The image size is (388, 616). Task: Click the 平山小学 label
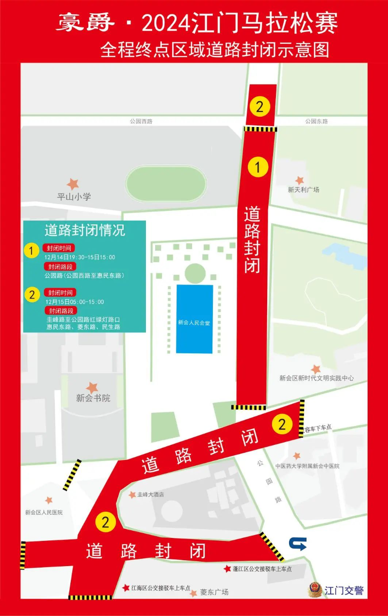tap(74, 197)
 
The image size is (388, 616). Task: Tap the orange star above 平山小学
tap(73, 184)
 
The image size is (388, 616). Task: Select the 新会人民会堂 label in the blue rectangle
tap(194, 322)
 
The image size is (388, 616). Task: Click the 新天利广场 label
tap(304, 190)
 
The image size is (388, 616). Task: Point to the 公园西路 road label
tap(141, 121)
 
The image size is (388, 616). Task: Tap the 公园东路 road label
tap(317, 121)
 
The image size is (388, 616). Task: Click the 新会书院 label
tap(93, 398)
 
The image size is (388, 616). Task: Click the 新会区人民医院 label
tap(44, 512)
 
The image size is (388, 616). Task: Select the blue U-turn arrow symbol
tap(297, 544)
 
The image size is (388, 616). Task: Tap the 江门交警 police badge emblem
tap(315, 590)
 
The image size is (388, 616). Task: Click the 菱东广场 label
tap(214, 592)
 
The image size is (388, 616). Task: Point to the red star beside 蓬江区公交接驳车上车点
tap(227, 569)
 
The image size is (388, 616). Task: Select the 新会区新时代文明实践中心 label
tap(317, 379)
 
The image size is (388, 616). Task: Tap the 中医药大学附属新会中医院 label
tap(307, 466)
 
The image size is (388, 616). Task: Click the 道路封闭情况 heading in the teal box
tap(85, 230)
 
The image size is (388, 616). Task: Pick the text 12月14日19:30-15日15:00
tap(80, 257)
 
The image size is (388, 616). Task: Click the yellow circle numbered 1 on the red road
tap(258, 167)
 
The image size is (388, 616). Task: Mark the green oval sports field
tap(166, 184)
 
